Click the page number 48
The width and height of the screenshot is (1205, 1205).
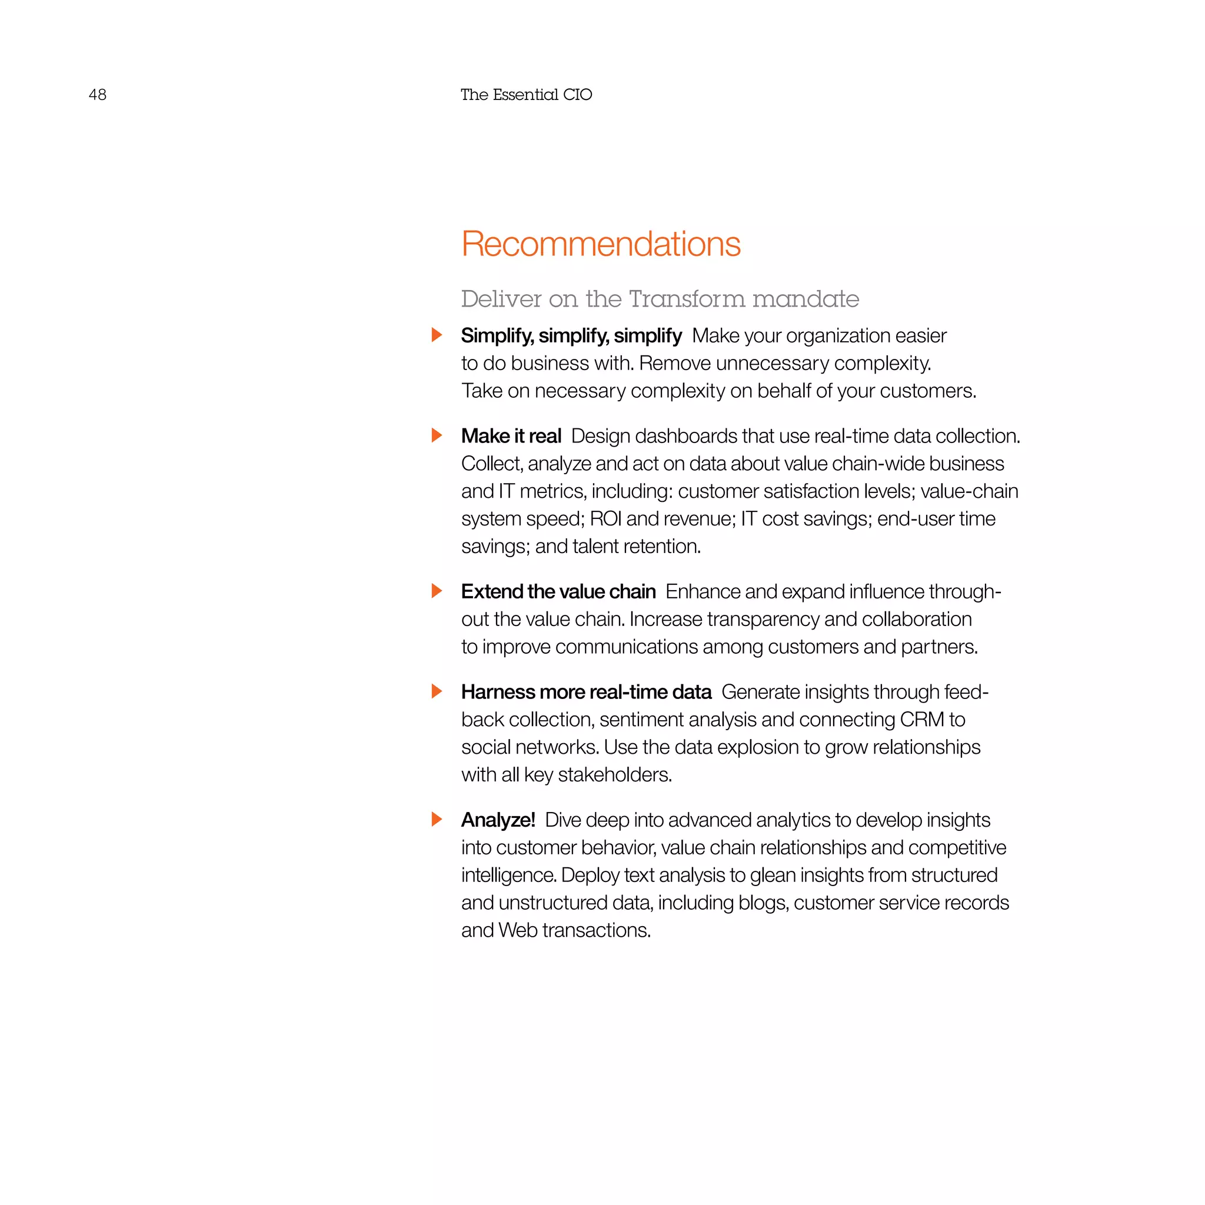97,95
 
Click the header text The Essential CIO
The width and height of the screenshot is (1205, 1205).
526,95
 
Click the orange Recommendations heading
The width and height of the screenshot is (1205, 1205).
601,244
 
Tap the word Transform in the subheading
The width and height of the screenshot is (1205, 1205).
687,299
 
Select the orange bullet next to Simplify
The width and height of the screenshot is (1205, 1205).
437,335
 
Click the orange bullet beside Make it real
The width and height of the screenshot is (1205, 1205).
437,435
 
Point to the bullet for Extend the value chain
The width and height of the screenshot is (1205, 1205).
437,591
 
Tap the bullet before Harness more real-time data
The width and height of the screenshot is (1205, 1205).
437,691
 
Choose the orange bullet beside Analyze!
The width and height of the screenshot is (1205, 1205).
437,819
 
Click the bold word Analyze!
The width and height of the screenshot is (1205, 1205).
498,820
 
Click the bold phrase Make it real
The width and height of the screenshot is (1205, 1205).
511,436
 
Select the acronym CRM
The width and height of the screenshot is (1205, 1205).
922,719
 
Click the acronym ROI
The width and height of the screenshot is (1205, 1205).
605,518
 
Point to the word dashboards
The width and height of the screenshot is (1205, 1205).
685,436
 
